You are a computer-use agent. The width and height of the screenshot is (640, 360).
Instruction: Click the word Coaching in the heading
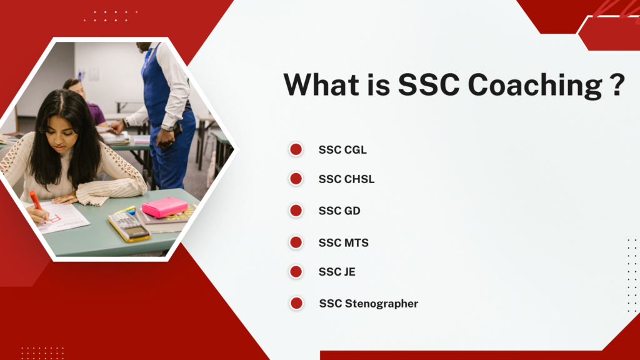tap(535, 85)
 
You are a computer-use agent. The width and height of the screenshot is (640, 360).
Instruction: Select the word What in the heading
tap(322, 84)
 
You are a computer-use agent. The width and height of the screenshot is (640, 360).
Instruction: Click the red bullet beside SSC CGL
tap(296, 149)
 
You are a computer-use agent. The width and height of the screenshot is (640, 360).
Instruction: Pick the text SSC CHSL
tap(346, 179)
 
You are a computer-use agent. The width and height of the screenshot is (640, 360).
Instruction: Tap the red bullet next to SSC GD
tap(296, 211)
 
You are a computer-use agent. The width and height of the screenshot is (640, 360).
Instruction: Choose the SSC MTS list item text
tap(344, 243)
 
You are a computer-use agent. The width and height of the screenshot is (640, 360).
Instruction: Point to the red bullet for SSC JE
tap(296, 271)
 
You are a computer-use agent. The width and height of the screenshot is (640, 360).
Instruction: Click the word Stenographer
tap(382, 304)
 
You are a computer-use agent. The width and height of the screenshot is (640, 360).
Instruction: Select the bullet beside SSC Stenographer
tap(296, 303)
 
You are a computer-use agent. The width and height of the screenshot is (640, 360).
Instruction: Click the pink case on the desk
tap(164, 207)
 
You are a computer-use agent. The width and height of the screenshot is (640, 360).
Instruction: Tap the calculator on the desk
tap(129, 227)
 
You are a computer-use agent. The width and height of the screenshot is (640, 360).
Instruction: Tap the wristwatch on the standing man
tap(167, 128)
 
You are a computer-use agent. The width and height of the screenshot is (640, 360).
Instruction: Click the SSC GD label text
tap(339, 211)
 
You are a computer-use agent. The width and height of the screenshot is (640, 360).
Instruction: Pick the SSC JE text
tap(337, 272)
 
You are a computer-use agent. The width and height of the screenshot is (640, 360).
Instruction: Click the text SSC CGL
tap(343, 150)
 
